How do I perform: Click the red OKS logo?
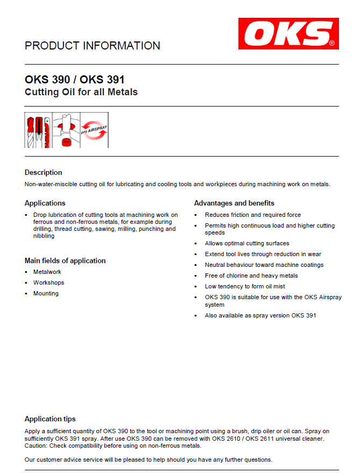tap(288, 33)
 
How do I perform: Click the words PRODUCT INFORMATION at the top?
tap(93, 46)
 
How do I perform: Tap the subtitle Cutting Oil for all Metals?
tap(81, 92)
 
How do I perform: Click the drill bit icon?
tap(31, 130)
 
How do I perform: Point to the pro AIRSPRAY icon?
tap(94, 130)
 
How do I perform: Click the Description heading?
tap(43, 172)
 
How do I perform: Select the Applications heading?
tap(45, 203)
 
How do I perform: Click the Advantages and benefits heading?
tap(234, 203)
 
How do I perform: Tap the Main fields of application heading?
tap(65, 260)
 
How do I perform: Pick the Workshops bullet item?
tap(48, 283)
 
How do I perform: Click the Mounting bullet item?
tap(46, 293)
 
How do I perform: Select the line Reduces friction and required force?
tap(253, 215)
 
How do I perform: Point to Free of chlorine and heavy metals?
tap(251, 276)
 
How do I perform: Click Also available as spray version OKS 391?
tap(260, 315)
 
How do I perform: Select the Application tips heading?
tap(50, 419)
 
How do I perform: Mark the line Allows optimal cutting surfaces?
tap(247, 243)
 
